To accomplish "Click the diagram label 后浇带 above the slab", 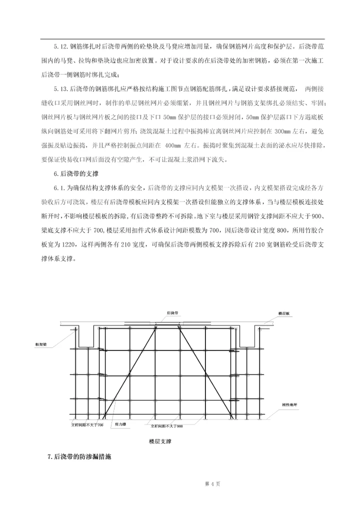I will [173, 313].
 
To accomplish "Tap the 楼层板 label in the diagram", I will [284, 313].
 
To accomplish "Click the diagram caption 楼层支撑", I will [160, 441].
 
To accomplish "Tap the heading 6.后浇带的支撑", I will [76, 174].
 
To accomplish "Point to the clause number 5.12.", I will [61, 46].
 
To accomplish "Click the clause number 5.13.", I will [61, 89].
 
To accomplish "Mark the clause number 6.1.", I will [59, 188].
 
